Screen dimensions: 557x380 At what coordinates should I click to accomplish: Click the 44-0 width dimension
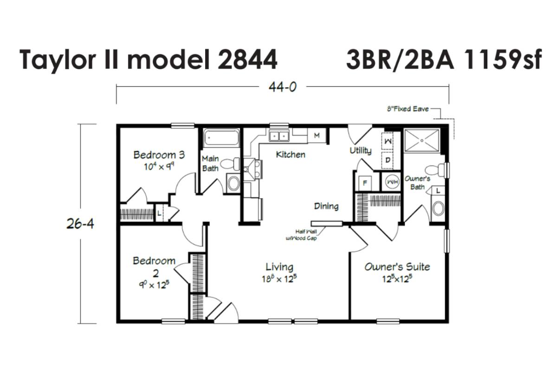[x=283, y=87]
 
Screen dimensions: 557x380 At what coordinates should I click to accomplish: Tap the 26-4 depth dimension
[x=80, y=224]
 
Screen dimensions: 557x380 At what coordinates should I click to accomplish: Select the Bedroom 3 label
[x=159, y=155]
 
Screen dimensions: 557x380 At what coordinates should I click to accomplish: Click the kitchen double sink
[x=279, y=136]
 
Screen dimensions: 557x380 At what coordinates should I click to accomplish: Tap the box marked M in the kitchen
[x=317, y=136]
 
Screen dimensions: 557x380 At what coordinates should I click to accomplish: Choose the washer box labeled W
[x=388, y=141]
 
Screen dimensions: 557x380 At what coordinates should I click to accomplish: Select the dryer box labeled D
[x=388, y=160]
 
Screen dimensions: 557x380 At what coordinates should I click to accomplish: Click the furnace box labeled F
[x=365, y=183]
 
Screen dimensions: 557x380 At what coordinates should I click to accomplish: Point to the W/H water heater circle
[x=392, y=182]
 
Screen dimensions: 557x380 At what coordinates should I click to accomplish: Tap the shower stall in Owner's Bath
[x=422, y=140]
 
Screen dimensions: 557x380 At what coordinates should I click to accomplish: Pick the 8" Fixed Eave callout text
[x=408, y=109]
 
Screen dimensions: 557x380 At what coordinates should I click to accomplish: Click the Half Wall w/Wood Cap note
[x=302, y=235]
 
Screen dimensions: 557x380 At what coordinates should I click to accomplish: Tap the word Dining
[x=326, y=206]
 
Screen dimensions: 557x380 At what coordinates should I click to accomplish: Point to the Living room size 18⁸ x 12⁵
[x=279, y=278]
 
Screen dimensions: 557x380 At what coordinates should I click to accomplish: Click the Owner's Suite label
[x=397, y=267]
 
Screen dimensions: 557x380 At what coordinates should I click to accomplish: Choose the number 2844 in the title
[x=247, y=60]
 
